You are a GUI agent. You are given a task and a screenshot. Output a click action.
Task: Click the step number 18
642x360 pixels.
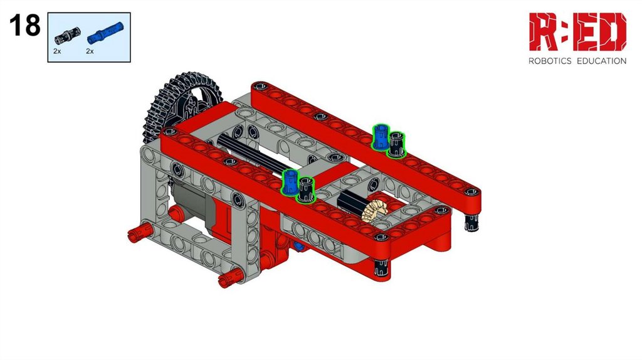pos(25,25)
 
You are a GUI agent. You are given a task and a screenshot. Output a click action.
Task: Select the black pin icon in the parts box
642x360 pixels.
pos(67,36)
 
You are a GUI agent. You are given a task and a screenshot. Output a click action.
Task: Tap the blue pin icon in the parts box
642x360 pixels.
pos(105,33)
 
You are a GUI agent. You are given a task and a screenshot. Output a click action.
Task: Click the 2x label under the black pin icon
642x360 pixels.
pos(57,51)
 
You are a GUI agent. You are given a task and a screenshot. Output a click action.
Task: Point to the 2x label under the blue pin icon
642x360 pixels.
pos(90,51)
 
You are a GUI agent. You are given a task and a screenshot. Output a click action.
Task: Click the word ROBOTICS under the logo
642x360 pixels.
pos(550,61)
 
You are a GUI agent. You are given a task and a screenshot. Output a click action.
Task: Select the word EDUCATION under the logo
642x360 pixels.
pos(601,61)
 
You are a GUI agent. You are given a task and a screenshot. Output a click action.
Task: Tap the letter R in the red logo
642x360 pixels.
pos(543,31)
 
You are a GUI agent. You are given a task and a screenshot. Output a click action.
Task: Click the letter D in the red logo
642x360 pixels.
pos(612,31)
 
